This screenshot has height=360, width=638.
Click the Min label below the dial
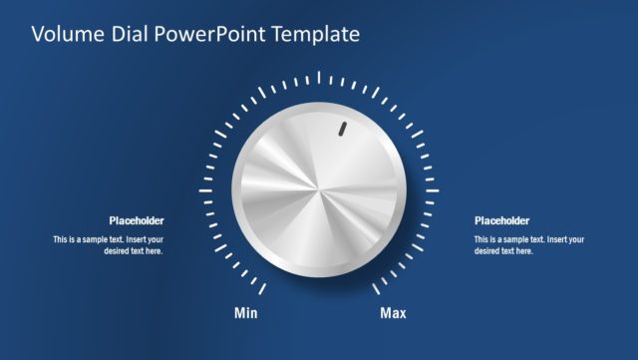point(246,314)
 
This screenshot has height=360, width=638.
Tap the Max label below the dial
point(394,314)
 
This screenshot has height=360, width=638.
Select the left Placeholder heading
point(137,221)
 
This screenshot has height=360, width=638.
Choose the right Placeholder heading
point(501,221)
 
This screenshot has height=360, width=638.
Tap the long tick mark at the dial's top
point(319,77)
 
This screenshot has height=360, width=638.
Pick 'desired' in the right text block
point(488,251)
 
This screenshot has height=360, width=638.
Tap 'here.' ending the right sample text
point(524,251)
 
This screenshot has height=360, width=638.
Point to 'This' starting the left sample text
point(61,239)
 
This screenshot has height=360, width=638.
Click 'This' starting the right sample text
point(481,239)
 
